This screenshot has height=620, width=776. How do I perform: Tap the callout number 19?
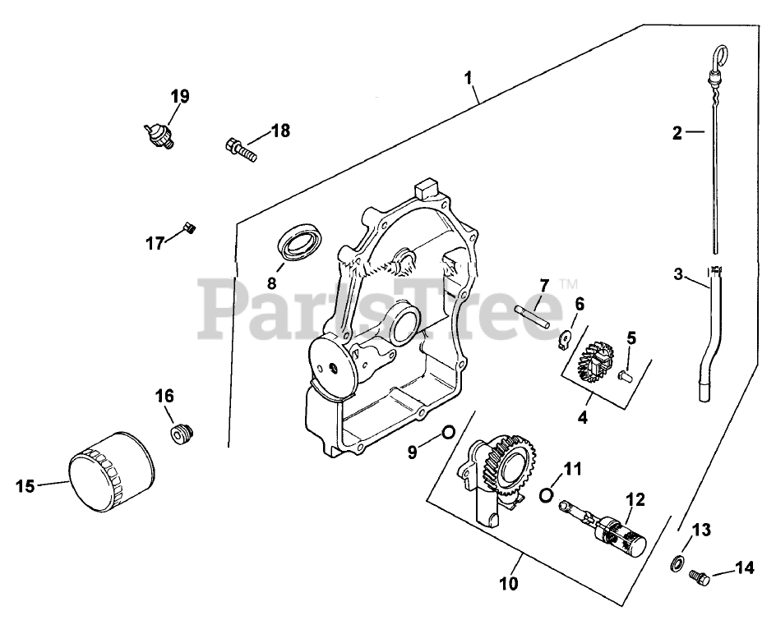click(180, 96)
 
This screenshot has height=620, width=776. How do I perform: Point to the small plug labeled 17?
click(188, 227)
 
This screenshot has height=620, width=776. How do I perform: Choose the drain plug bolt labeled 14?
click(700, 577)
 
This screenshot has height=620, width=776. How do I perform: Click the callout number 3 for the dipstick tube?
click(678, 274)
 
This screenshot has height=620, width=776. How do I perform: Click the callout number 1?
click(469, 79)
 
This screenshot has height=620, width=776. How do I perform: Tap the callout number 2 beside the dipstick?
click(677, 133)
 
